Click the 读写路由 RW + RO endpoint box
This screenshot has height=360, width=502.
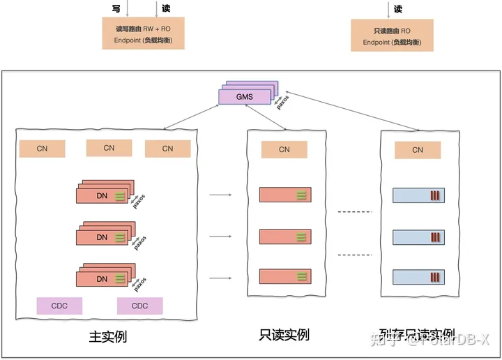[143, 33]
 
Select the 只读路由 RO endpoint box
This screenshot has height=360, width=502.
[392, 35]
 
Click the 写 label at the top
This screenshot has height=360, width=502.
[116, 8]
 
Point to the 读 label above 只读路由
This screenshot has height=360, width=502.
[398, 9]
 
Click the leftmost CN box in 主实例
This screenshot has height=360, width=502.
[42, 149]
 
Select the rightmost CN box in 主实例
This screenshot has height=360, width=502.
[167, 149]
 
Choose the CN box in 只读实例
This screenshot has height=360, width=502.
[284, 149]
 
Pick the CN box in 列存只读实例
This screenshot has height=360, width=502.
[418, 150]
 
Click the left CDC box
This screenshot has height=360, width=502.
[59, 306]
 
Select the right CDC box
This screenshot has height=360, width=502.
[139, 306]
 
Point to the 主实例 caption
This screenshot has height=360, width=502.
[108, 336]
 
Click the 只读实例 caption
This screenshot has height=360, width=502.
[284, 336]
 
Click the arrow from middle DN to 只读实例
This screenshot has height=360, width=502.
[220, 237]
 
